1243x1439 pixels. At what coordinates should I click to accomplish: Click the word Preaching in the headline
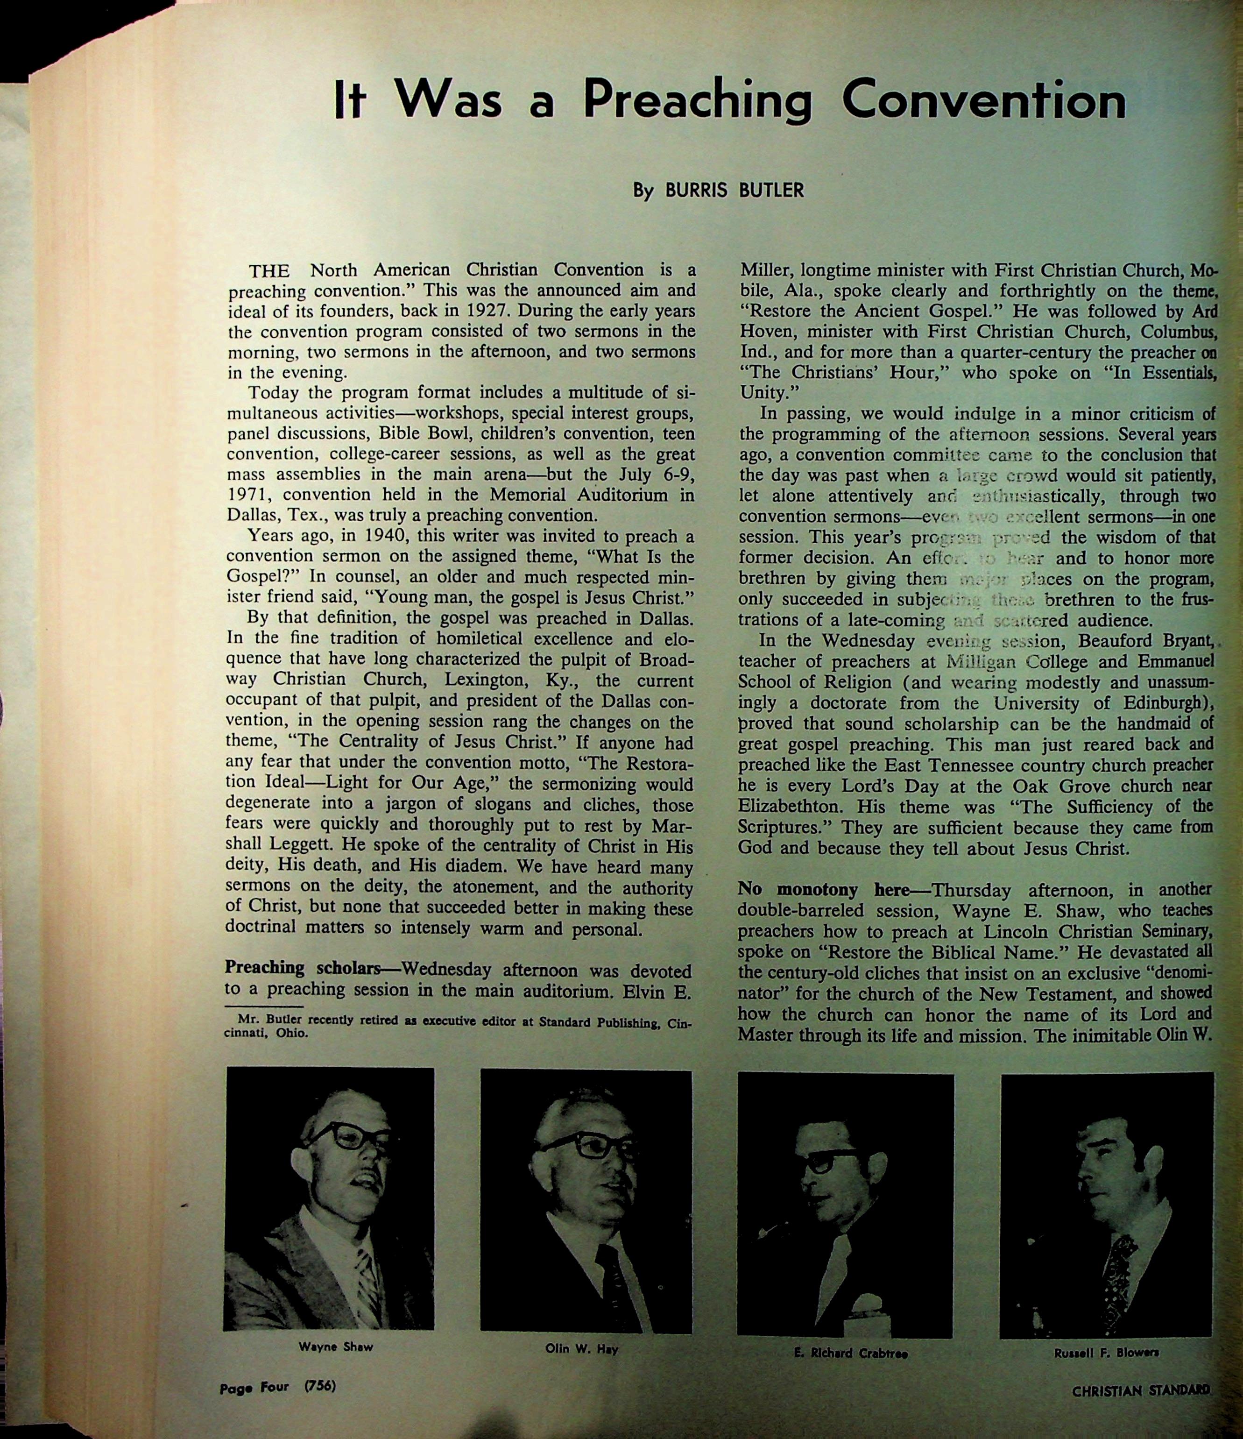coord(697,101)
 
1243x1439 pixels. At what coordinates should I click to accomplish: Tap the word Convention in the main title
coord(983,101)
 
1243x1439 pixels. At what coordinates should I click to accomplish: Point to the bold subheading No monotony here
coord(833,890)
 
